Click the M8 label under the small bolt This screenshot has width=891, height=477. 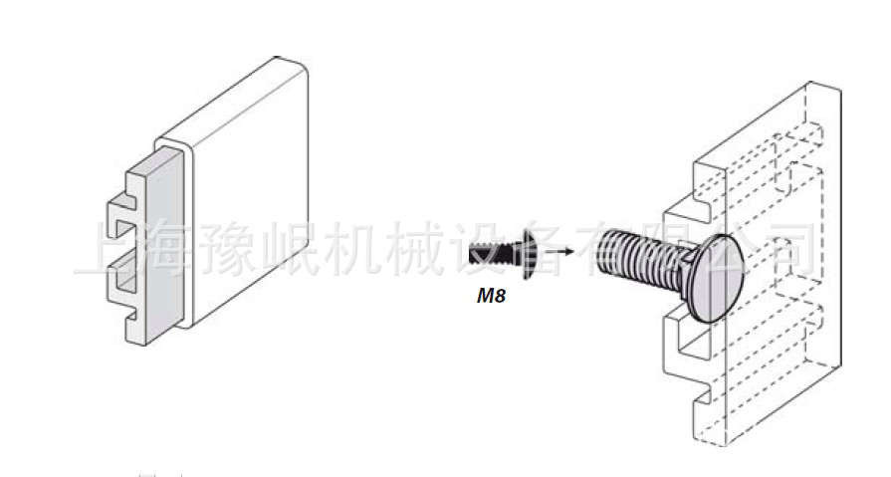(492, 295)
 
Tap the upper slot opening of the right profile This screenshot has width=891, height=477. (686, 208)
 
